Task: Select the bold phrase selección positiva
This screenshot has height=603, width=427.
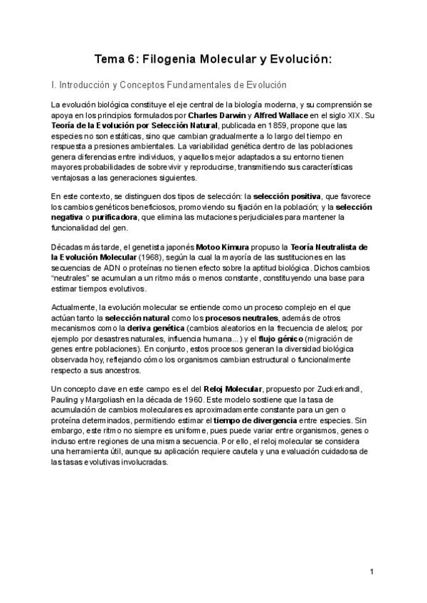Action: [288, 196]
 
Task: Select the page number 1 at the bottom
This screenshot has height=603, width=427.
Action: [371, 572]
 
